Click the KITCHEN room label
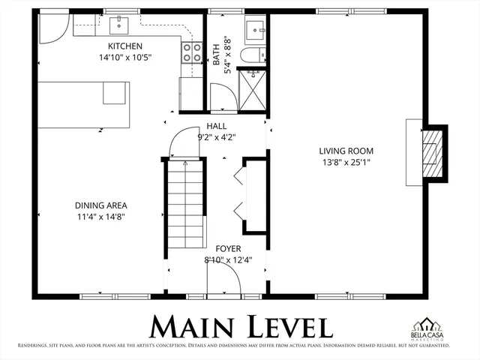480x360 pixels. [x=120, y=46]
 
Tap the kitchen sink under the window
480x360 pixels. [x=119, y=26]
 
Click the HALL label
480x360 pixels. [x=216, y=127]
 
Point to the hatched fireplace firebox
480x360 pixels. [x=430, y=152]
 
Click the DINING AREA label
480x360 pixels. [x=100, y=205]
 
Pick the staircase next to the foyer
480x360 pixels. [x=184, y=206]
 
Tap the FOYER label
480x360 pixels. [x=228, y=248]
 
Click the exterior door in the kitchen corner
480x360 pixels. [x=52, y=28]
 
